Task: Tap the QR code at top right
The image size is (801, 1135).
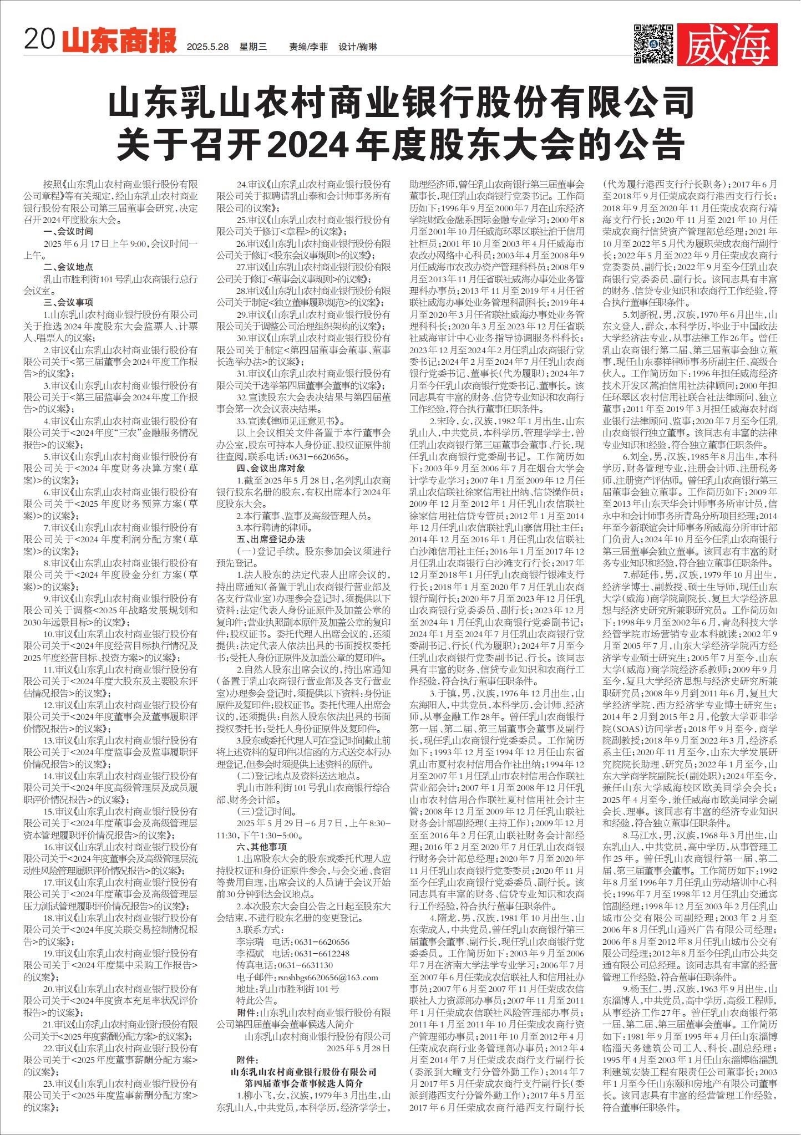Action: [x=653, y=44]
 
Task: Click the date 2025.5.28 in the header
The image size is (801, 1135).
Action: [x=208, y=47]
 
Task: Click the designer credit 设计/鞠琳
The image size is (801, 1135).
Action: [x=358, y=47]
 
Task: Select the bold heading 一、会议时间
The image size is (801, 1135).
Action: [x=68, y=231]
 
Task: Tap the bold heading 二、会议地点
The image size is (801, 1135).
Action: [x=68, y=267]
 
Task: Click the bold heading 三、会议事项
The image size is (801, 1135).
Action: [x=68, y=302]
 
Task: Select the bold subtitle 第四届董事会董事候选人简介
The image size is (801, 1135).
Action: [x=304, y=1083]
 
